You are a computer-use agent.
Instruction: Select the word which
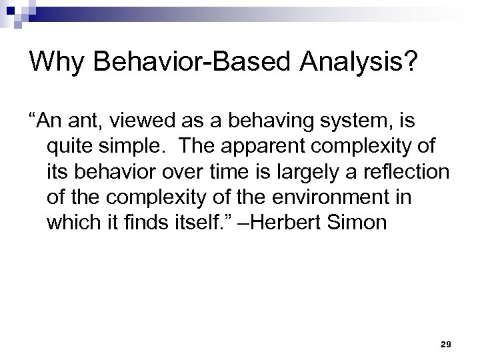pos(70,222)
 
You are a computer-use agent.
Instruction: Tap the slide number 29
pos(446,343)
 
